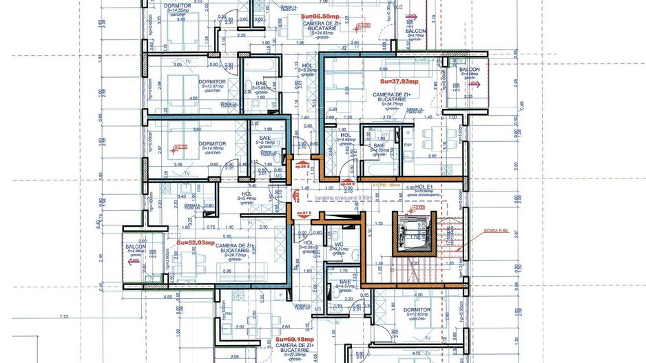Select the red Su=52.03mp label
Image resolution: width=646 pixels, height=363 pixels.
point(196,242)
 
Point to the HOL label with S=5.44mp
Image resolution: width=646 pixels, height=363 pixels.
point(247,194)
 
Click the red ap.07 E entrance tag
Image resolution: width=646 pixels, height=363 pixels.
point(304,213)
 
